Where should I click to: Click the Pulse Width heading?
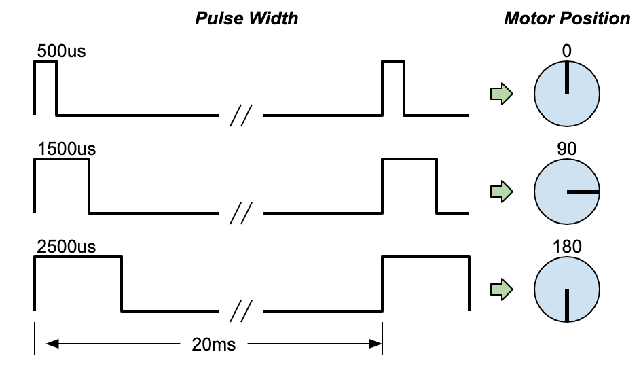tap(246, 18)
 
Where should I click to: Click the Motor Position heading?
tap(567, 18)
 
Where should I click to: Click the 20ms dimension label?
tap(214, 344)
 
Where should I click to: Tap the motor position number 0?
tap(567, 51)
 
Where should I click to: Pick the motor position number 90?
tap(567, 148)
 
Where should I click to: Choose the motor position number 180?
tap(567, 245)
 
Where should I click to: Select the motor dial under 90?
tap(567, 192)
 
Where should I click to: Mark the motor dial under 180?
tap(567, 290)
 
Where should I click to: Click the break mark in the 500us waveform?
tap(240, 116)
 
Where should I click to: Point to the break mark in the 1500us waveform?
tap(240, 213)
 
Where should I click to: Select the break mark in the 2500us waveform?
tap(240, 311)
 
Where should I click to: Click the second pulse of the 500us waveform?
tap(393, 87)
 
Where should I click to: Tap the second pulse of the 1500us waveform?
tap(409, 185)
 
